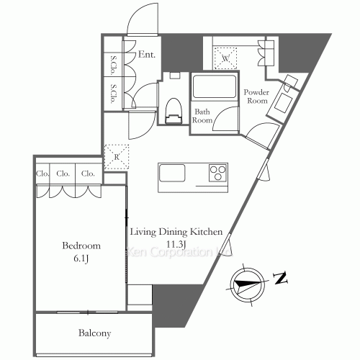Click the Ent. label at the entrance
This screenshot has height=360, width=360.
coord(148,53)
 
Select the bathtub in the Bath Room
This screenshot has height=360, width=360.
coord(212,89)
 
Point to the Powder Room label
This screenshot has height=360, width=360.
coord(256,96)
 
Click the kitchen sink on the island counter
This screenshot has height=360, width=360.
coord(173,174)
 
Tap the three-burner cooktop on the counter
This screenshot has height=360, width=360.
coord(217,173)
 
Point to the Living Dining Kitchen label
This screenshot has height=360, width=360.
coord(176,232)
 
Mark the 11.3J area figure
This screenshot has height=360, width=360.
coord(176,244)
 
